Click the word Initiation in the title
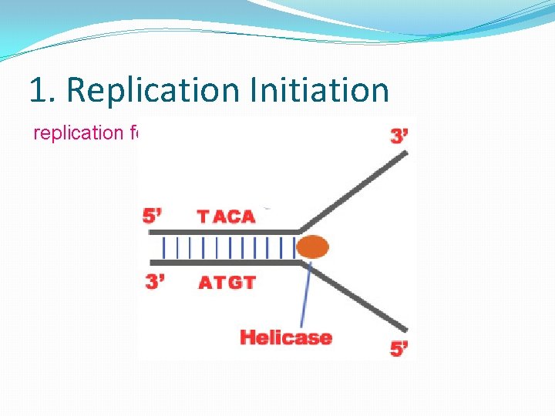[x=319, y=90]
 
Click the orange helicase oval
[x=312, y=247]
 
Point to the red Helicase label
[x=285, y=337]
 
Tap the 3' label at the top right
[x=399, y=136]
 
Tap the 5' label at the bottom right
[x=399, y=349]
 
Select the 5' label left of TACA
[x=153, y=216]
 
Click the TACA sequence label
[x=226, y=216]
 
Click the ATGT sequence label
[x=227, y=283]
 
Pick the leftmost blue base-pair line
[x=164, y=247]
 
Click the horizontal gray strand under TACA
[x=224, y=231]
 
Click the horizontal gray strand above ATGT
[x=224, y=263]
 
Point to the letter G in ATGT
[x=233, y=283]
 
